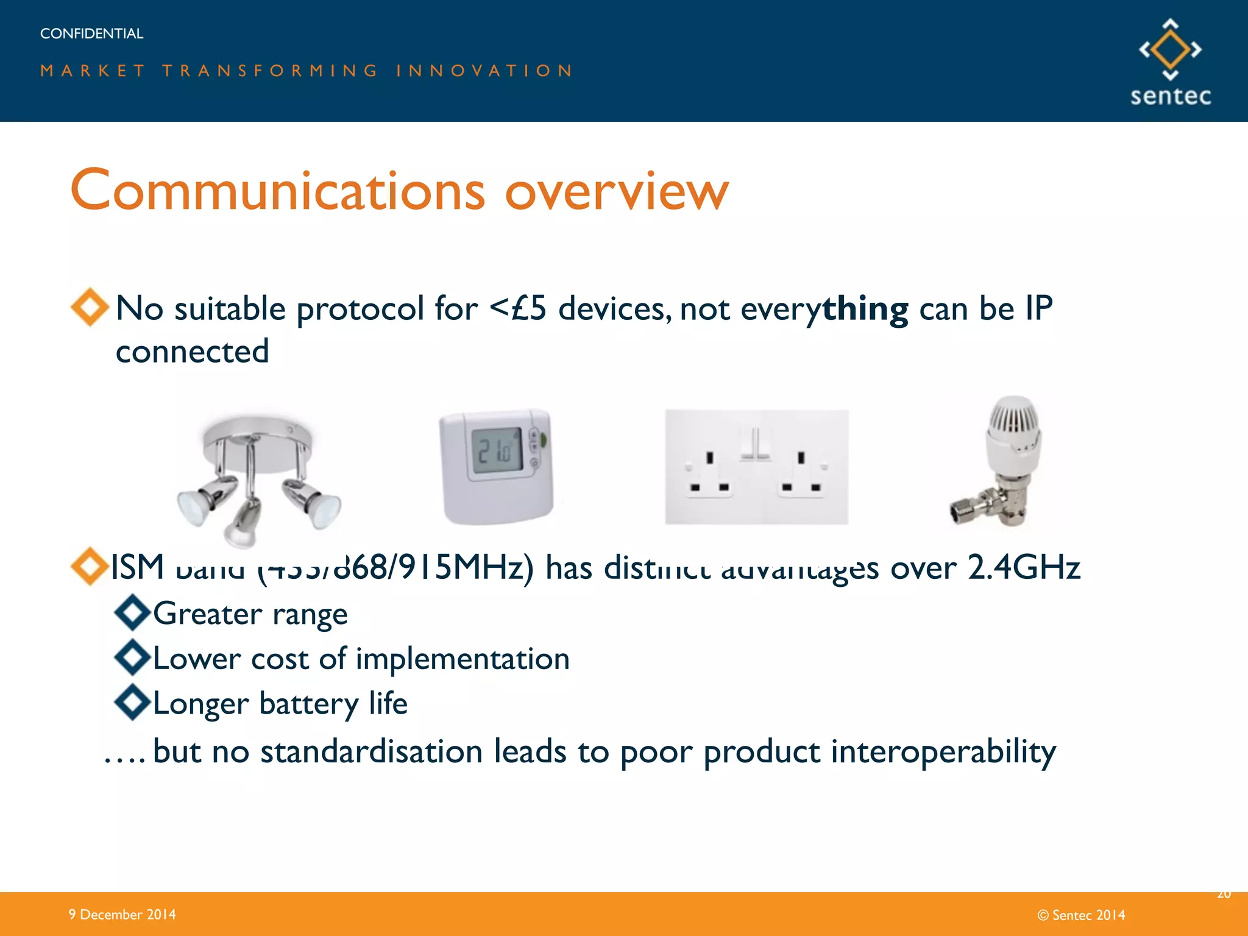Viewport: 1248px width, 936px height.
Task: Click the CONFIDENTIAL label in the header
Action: (91, 34)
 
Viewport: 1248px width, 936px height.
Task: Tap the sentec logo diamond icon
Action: (1170, 49)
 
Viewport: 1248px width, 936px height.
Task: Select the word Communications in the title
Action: (278, 191)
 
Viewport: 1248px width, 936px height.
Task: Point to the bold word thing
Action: (865, 308)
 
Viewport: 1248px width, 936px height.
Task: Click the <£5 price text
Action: (518, 308)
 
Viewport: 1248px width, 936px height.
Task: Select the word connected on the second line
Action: (192, 352)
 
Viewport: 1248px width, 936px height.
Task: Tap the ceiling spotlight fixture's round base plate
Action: (257, 434)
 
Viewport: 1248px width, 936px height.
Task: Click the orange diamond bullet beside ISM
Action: (90, 566)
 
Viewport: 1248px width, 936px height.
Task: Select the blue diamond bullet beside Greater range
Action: (132, 612)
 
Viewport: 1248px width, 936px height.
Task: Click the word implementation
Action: (463, 659)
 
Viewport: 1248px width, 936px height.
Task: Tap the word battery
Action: (308, 704)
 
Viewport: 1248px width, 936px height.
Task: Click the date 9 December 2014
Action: (122, 914)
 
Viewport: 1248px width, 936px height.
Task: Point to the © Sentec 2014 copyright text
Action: (1081, 915)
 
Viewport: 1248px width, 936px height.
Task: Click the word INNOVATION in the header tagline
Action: (484, 71)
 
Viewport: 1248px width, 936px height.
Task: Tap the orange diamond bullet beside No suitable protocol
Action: (90, 307)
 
